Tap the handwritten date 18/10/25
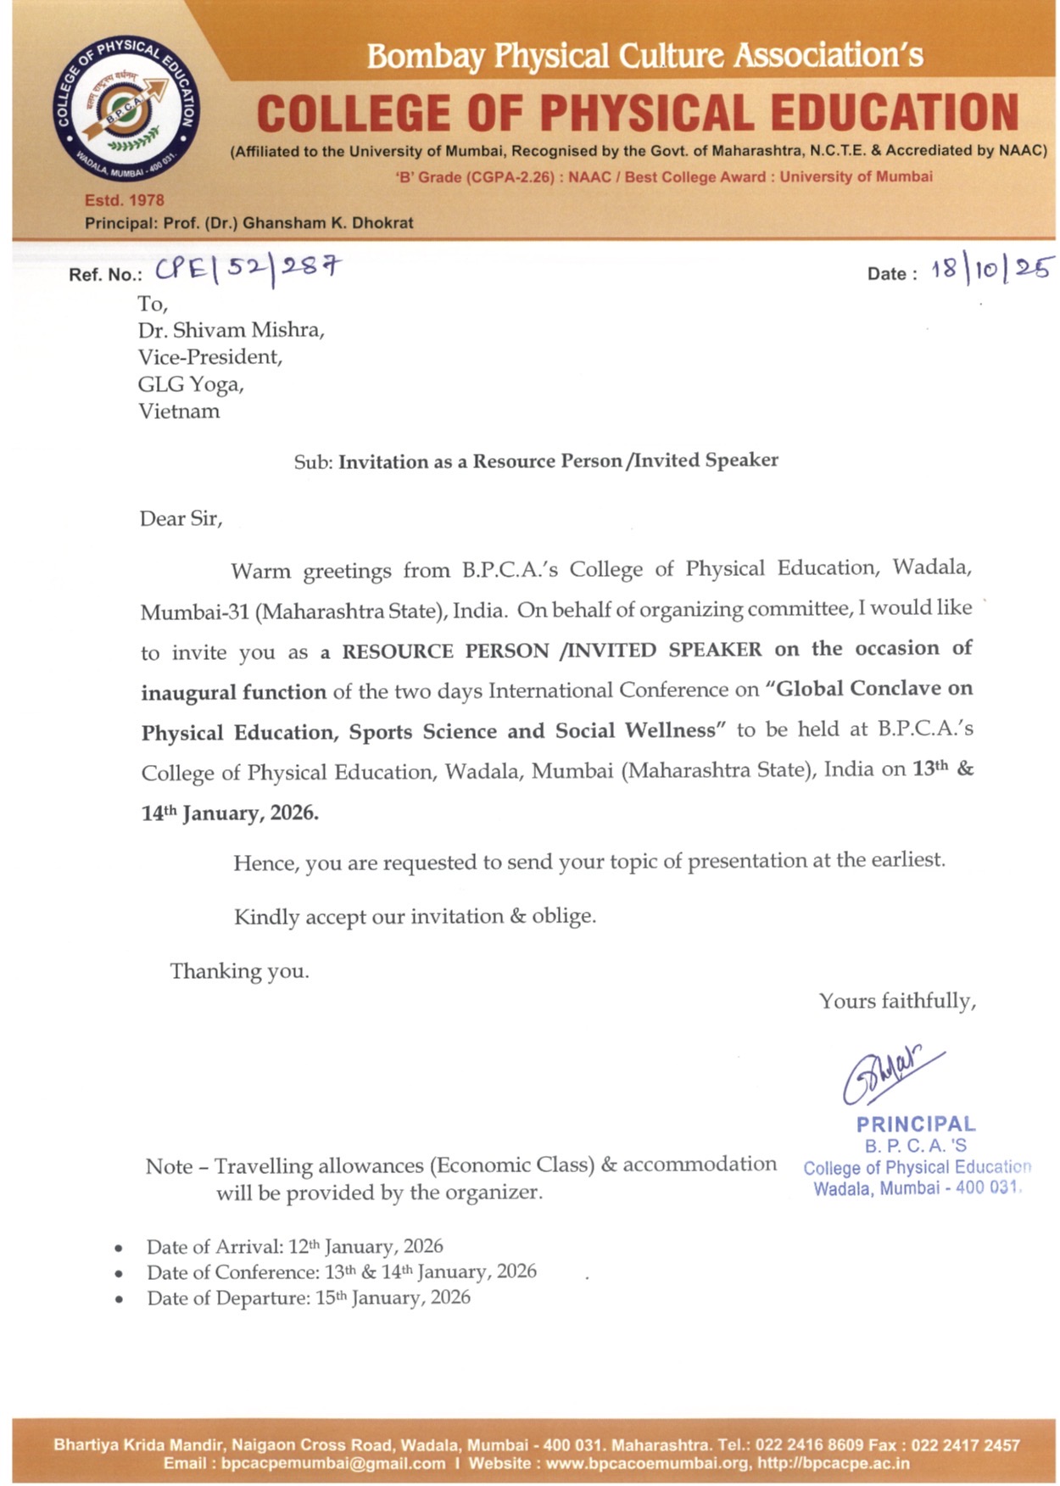(991, 270)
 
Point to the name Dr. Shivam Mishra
(231, 330)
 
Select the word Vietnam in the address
(179, 411)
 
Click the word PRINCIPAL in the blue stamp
(916, 1125)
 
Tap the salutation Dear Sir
(181, 518)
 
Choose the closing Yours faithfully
(897, 1002)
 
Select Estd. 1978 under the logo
(125, 200)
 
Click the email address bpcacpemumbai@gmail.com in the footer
(332, 1463)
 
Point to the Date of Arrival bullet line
(294, 1247)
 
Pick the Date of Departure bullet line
(308, 1298)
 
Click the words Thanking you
(239, 971)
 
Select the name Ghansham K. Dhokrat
(328, 223)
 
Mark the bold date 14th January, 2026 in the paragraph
(230, 813)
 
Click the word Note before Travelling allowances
(169, 1167)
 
